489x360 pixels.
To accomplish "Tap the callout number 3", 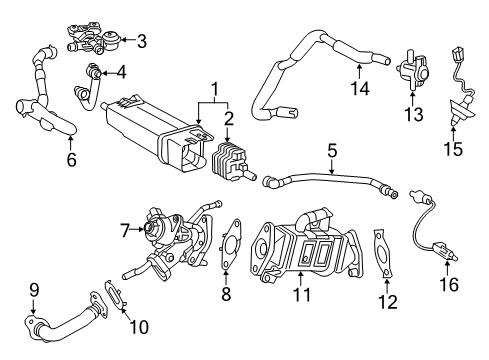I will tap(142, 41).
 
